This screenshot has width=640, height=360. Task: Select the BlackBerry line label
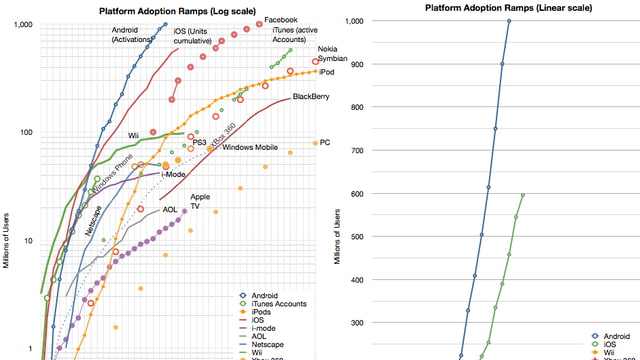pos(311,96)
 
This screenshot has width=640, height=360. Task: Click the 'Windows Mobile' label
pos(250,147)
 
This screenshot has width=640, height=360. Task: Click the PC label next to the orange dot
pos(325,143)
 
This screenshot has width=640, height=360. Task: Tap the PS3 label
pos(200,142)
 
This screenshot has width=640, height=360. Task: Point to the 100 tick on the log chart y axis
pos(24,133)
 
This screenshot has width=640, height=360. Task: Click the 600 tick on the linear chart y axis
pos(353,194)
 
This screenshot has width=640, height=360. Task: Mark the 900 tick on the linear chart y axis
pos(353,64)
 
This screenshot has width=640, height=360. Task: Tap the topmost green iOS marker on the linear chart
pos(522,195)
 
